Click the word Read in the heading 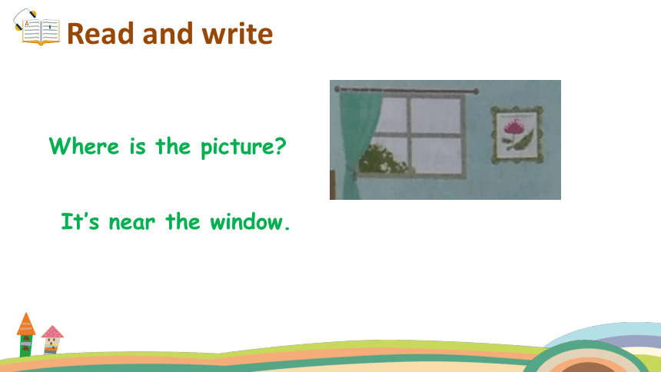(101, 34)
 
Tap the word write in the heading (237, 34)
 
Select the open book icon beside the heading (37, 28)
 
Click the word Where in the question (84, 146)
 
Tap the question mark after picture (280, 146)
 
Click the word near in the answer (131, 223)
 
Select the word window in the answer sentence (246, 222)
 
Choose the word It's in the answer (80, 221)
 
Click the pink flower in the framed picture (513, 126)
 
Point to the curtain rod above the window (407, 90)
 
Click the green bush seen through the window (381, 159)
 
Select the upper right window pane (436, 116)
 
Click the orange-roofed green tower (25, 335)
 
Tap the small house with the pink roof (52, 340)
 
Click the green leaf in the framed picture (521, 141)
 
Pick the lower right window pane (436, 155)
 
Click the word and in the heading (168, 34)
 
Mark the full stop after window (287, 228)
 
